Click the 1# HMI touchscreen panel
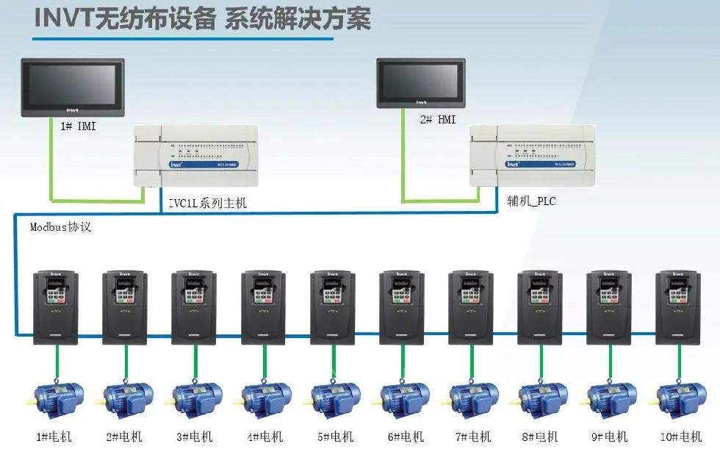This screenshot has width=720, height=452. click(x=71, y=87)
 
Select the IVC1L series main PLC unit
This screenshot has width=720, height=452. click(x=196, y=156)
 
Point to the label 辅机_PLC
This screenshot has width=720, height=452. click(x=531, y=200)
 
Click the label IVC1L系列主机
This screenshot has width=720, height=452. click(x=208, y=204)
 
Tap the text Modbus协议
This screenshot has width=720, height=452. click(x=61, y=227)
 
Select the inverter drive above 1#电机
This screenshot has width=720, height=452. click(x=55, y=306)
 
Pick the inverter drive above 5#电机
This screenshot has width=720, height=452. click(x=333, y=306)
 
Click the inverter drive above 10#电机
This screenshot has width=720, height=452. click(x=678, y=306)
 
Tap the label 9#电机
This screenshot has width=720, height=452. click(x=611, y=437)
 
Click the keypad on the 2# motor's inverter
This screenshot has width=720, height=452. click(x=125, y=292)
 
